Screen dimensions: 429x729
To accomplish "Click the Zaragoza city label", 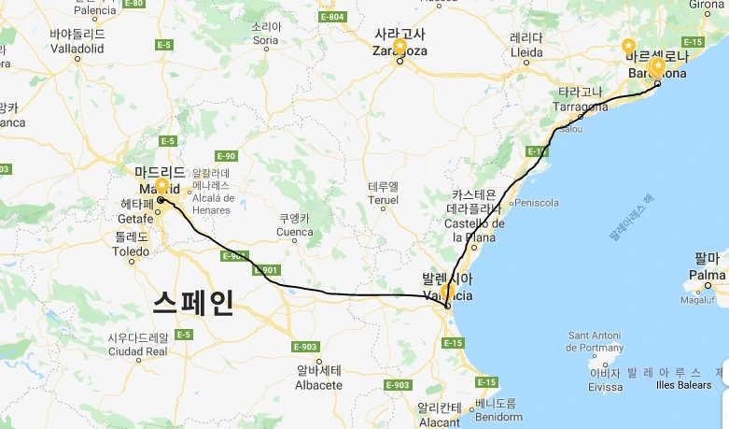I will pyautogui.click(x=400, y=51).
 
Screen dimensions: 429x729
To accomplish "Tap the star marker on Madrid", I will pyautogui.click(x=161, y=186).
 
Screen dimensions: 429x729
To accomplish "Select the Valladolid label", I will pyautogui.click(x=77, y=47).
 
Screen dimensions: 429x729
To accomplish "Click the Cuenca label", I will pyautogui.click(x=294, y=231).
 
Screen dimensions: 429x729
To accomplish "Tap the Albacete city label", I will pyautogui.click(x=317, y=385).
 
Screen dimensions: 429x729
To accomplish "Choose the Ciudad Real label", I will pyautogui.click(x=138, y=351).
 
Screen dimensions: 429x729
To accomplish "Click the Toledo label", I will pyautogui.click(x=130, y=251).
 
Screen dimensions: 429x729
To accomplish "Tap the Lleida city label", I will pyautogui.click(x=526, y=52).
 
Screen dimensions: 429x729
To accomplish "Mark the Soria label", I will pyautogui.click(x=266, y=41).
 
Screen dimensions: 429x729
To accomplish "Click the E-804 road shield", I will pyautogui.click(x=331, y=17).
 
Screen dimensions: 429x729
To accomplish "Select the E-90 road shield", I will pyautogui.click(x=226, y=155).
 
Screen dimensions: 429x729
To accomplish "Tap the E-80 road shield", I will pyautogui.click(x=135, y=4).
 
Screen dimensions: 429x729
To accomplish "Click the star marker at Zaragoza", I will pyautogui.click(x=400, y=45).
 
